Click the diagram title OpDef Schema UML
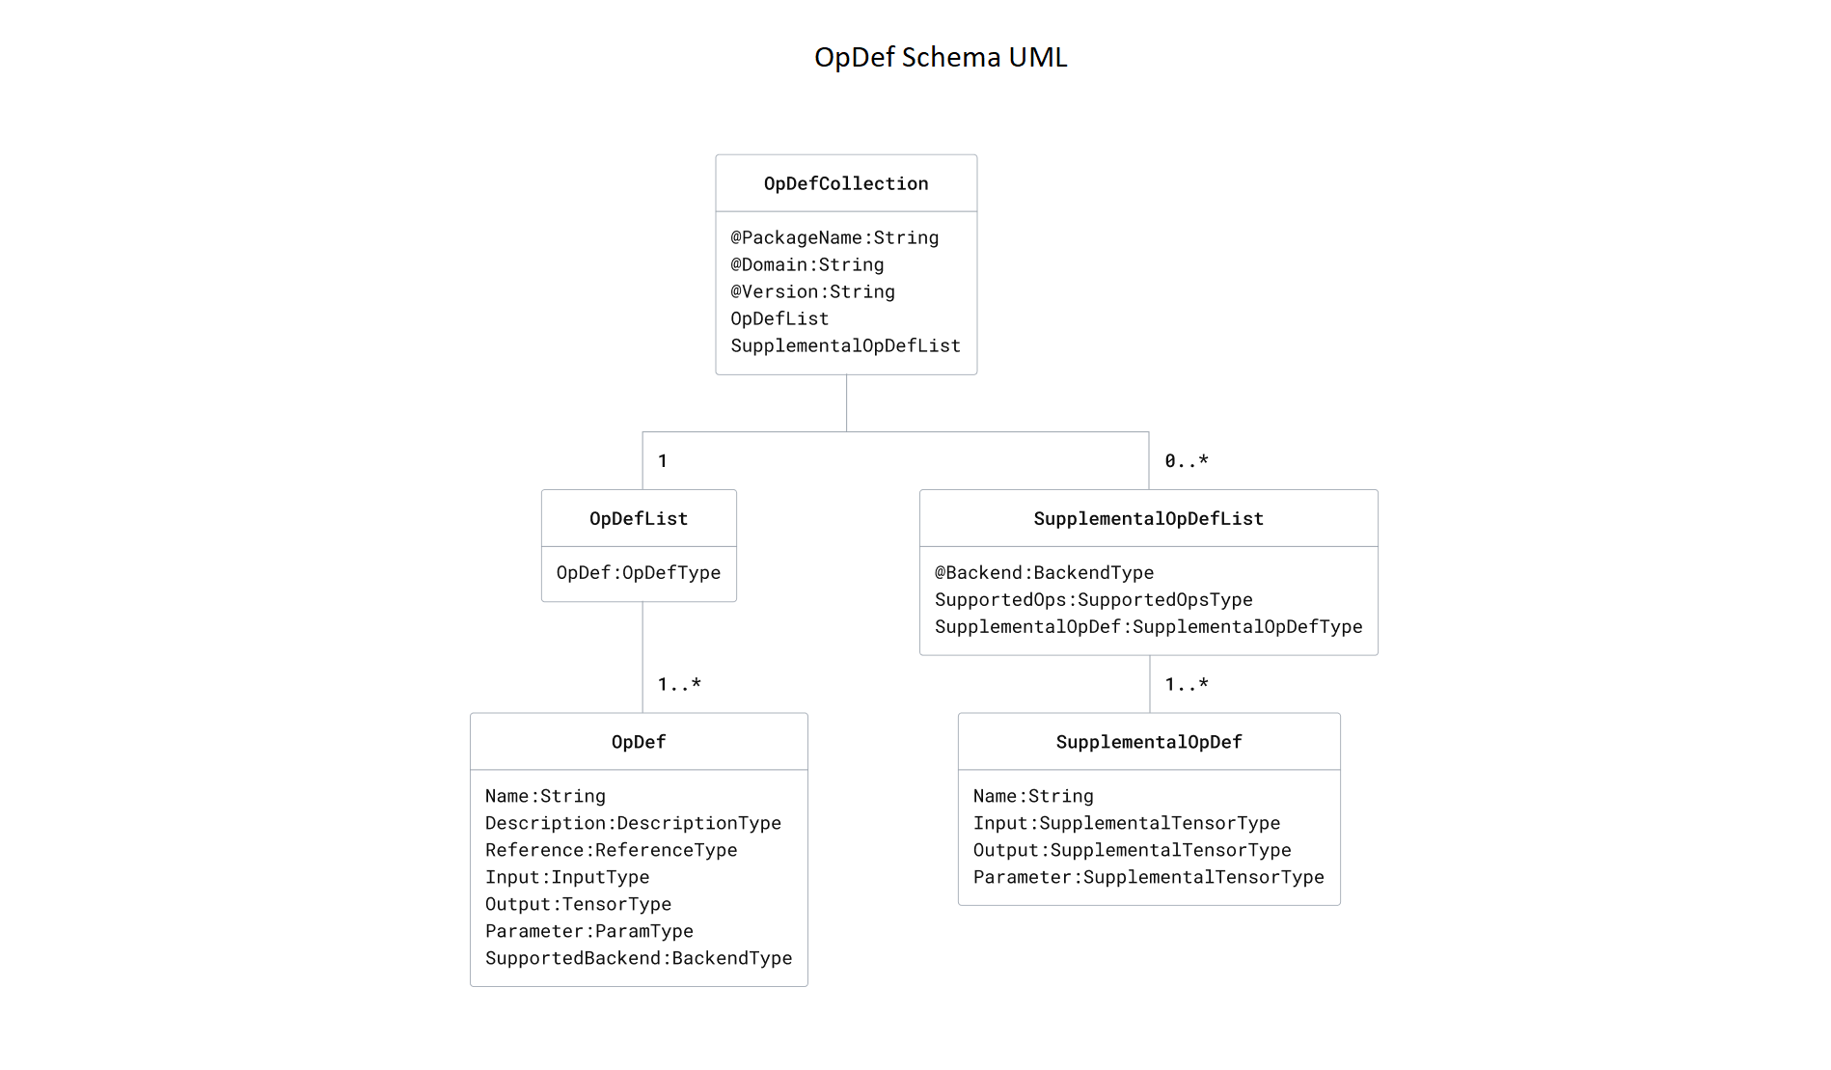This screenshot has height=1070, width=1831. [x=941, y=58]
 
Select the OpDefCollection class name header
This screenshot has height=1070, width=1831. [x=846, y=183]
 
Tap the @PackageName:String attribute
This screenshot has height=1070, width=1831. [x=834, y=237]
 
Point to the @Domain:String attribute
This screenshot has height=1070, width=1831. [x=806, y=264]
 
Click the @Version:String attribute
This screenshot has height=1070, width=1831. [x=812, y=291]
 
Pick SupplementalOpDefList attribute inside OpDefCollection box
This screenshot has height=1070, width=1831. [x=845, y=345]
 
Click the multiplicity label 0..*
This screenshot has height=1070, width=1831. [x=1186, y=461]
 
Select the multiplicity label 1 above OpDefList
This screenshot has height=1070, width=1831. [x=663, y=461]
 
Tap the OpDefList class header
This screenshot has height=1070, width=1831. [x=639, y=518]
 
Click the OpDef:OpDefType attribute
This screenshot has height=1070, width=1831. [x=639, y=572]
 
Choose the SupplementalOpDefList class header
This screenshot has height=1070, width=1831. [x=1148, y=518]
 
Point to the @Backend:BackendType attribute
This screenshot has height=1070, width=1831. [x=1044, y=572]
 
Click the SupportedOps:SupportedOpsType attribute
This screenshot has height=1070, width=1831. [x=1093, y=599]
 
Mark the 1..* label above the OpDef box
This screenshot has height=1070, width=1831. [x=679, y=684]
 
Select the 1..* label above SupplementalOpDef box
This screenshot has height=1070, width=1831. [x=1186, y=684]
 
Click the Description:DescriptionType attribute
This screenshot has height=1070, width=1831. [x=633, y=823]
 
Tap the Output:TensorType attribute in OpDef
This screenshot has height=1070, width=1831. [x=578, y=904]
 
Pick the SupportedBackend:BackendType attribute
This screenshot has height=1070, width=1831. [x=639, y=958]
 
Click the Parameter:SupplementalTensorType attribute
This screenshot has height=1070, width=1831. [x=1148, y=877]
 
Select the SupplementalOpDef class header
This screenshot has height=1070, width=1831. [x=1148, y=742]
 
